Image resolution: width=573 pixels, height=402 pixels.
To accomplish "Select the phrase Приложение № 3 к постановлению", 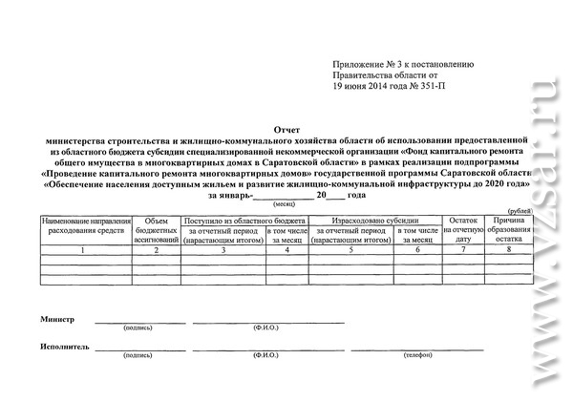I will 402,64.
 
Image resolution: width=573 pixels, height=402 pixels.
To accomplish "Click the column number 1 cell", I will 84,249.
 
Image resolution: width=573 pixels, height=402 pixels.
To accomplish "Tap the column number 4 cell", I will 286,249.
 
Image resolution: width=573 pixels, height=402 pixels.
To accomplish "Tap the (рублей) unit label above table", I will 520,210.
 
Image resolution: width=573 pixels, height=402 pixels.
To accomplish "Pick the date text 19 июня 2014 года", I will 369,86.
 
